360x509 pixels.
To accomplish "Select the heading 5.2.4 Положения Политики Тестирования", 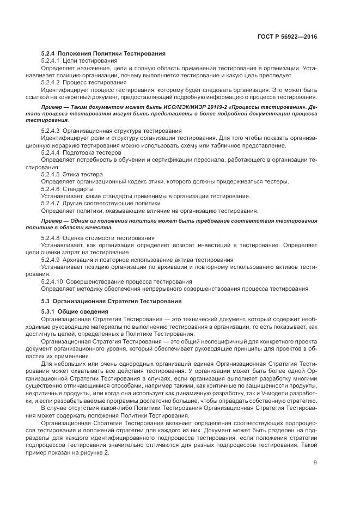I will coord(103,53).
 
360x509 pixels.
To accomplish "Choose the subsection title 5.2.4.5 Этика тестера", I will coord(71,174).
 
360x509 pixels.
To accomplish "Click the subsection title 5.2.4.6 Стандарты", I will coord(68,188).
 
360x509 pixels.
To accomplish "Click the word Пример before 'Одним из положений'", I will coord(52,220).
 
